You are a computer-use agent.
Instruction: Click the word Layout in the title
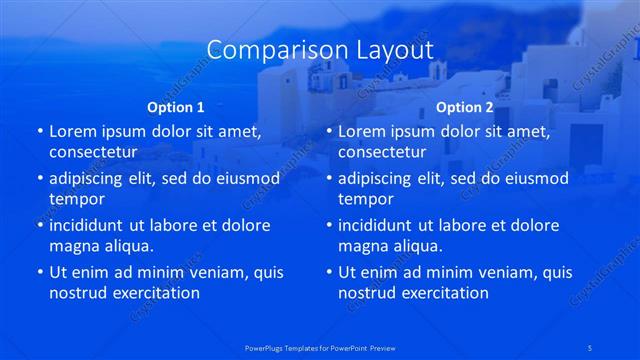(389, 50)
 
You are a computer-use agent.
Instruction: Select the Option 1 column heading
(175, 107)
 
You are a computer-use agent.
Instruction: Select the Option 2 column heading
(464, 107)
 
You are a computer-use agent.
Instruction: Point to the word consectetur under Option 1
(93, 153)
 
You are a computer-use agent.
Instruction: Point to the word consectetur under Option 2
(382, 153)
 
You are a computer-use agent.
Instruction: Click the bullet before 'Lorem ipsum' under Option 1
(40, 131)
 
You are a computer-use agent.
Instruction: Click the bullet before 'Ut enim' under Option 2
(329, 271)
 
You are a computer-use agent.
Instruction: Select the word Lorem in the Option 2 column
(361, 131)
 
